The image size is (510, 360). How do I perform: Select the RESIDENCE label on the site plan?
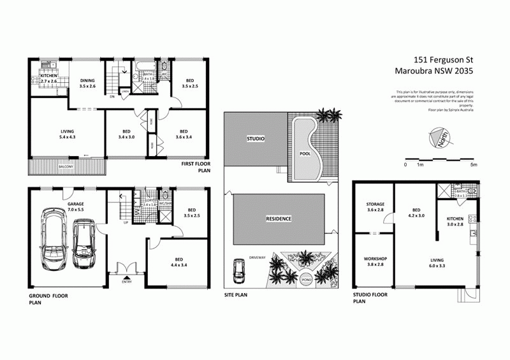click(279, 219)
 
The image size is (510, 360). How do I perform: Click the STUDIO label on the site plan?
click(256, 138)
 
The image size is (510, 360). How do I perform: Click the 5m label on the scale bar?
click(473, 165)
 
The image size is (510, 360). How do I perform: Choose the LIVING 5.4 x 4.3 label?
click(62, 134)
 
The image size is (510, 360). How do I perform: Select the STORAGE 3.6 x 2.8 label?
click(374, 207)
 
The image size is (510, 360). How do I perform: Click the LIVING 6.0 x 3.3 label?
click(436, 263)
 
